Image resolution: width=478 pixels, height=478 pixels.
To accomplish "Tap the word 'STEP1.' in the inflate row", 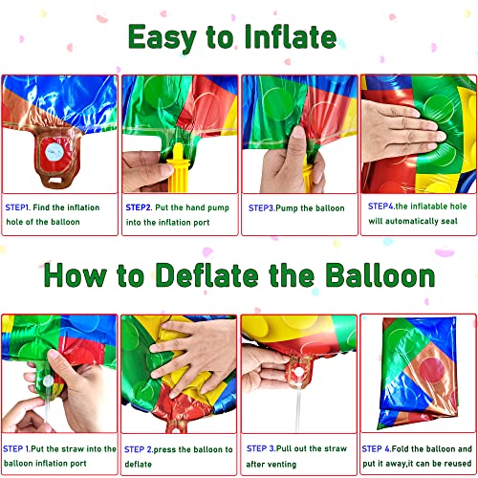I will pos(18,206).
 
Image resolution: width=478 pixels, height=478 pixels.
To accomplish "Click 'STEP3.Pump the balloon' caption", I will pos(295,206).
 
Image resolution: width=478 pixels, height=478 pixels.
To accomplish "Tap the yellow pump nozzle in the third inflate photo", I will pos(308,172).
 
